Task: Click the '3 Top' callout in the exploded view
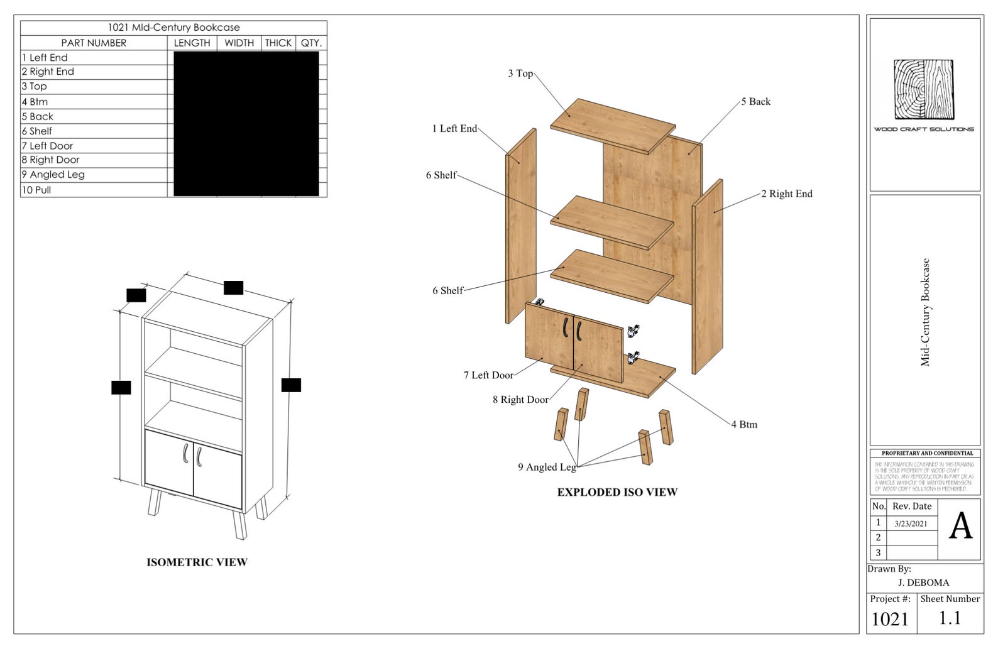click(x=520, y=74)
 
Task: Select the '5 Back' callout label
click(x=755, y=102)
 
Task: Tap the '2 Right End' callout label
click(x=786, y=194)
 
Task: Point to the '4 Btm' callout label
click(x=744, y=425)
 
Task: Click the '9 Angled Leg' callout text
click(x=547, y=467)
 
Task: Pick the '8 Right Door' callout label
click(x=520, y=400)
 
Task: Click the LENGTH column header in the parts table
click(x=192, y=43)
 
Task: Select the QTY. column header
click(x=311, y=43)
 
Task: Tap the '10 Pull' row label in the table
click(x=36, y=190)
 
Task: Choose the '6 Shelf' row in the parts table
click(x=37, y=131)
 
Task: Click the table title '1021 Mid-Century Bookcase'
click(x=173, y=28)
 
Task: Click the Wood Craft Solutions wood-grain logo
click(x=924, y=89)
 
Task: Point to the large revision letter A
click(x=960, y=527)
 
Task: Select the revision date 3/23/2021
click(x=911, y=523)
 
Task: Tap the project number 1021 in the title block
click(x=890, y=620)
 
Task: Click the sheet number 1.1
click(x=950, y=618)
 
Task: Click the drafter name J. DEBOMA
click(x=923, y=583)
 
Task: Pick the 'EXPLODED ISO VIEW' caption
click(x=617, y=493)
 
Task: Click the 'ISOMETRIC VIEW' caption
click(x=197, y=562)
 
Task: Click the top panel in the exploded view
click(x=613, y=124)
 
